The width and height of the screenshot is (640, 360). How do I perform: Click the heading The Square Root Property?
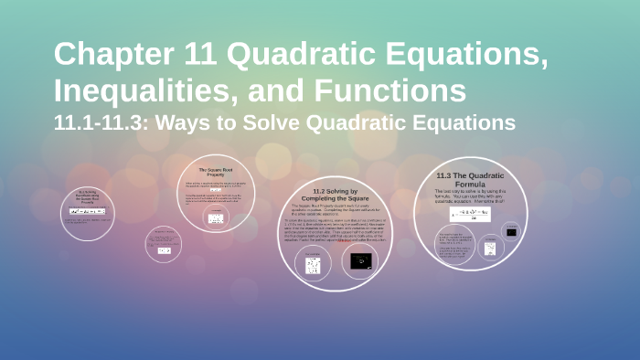tap(218, 174)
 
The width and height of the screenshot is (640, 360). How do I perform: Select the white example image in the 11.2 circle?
tap(313, 265)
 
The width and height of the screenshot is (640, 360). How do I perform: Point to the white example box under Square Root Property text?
tap(217, 217)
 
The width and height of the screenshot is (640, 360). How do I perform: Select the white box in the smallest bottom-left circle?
tap(165, 249)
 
